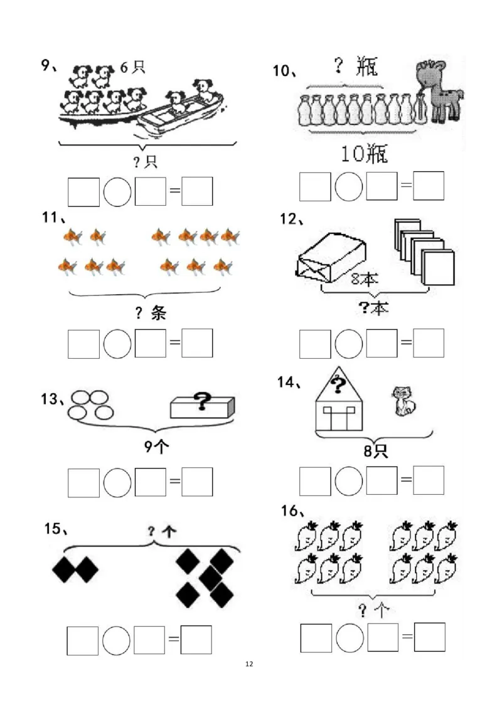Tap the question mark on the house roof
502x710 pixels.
[x=338, y=386]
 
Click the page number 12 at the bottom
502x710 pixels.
[x=249, y=664]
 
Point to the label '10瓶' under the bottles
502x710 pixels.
[x=364, y=154]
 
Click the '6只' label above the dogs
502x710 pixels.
[x=132, y=68]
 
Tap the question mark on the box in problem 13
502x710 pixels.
[x=202, y=401]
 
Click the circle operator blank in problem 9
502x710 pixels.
[x=117, y=192]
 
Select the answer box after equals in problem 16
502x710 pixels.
[x=429, y=637]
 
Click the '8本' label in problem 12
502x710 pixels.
[x=365, y=278]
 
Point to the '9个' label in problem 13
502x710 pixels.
[x=156, y=447]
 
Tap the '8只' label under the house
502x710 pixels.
[x=376, y=450]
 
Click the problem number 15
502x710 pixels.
[x=55, y=529]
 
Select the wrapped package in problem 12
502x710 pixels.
[x=330, y=258]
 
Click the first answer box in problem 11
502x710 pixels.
[x=84, y=344]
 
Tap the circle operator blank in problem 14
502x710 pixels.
[x=349, y=481]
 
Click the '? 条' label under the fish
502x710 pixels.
[x=151, y=312]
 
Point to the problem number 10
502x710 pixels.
[x=284, y=71]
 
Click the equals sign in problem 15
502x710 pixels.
[x=174, y=639]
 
